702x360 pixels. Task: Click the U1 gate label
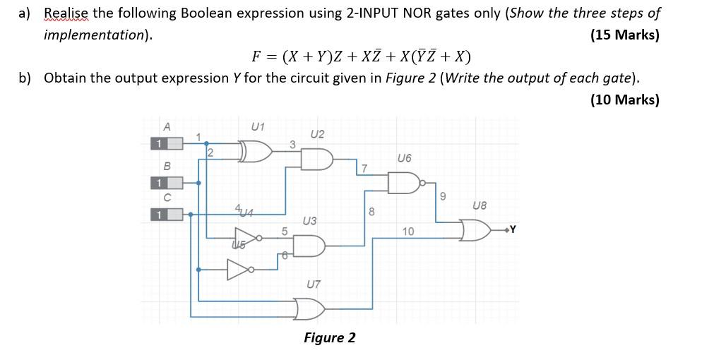point(258,126)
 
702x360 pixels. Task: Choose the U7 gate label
point(314,284)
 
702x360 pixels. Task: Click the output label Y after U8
point(513,229)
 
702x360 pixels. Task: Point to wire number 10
point(408,232)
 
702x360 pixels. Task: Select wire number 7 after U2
point(364,169)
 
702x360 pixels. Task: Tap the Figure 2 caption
point(329,337)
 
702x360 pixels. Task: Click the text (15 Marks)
point(624,35)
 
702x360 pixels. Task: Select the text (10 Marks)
point(624,100)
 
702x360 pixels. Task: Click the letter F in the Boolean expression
point(258,56)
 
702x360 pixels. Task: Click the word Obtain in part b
point(65,78)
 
